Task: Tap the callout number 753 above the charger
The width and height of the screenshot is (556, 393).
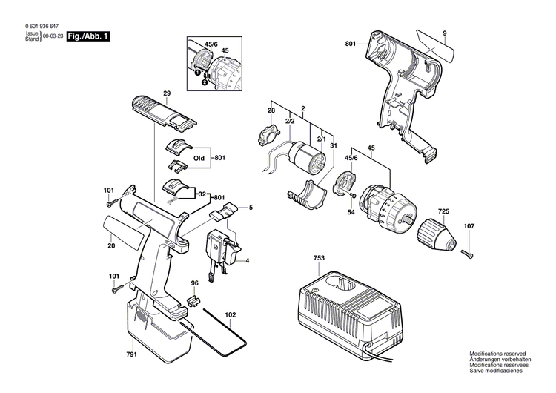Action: click(318, 259)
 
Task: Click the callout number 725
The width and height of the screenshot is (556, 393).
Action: click(443, 211)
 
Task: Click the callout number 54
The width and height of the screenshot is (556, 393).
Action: click(351, 213)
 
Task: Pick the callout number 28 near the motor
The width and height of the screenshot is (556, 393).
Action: click(271, 111)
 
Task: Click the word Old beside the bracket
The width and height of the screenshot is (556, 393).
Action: click(199, 159)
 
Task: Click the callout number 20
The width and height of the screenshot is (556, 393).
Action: click(111, 247)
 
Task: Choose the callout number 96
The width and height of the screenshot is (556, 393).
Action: click(194, 283)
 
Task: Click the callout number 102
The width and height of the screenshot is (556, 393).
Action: click(231, 314)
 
